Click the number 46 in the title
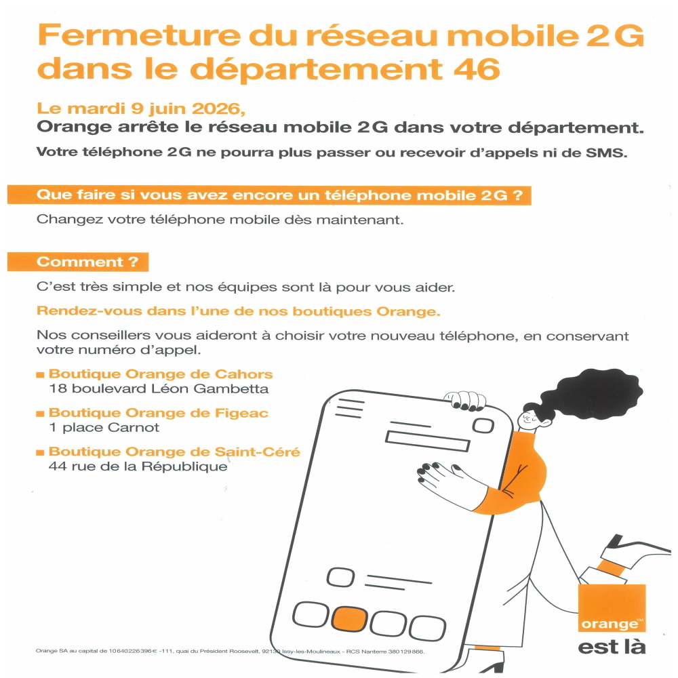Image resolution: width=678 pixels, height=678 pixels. [477, 68]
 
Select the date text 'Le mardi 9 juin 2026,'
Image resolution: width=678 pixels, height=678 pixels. [141, 108]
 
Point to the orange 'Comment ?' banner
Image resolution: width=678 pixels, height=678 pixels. [78, 262]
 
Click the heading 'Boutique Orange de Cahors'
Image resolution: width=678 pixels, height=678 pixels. [161, 374]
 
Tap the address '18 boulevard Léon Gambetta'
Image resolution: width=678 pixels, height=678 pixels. [158, 388]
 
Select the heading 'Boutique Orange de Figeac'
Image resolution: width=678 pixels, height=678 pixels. [158, 413]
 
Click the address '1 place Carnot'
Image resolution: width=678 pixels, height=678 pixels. [104, 428]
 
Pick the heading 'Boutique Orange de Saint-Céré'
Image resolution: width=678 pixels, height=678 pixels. [174, 452]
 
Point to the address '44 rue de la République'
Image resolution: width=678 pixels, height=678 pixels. [138, 466]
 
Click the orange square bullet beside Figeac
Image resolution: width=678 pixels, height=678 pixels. [40, 414]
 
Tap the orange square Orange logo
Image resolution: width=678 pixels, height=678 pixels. [612, 608]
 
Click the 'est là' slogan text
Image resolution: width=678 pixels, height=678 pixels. [612, 647]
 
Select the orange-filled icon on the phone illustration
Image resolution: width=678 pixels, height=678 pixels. [349, 618]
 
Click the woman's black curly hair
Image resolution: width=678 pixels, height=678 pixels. [593, 393]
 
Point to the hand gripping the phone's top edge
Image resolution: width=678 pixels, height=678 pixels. [465, 401]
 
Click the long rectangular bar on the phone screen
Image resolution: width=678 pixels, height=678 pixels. [427, 441]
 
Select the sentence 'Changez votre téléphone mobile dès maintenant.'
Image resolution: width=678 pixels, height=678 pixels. [220, 220]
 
